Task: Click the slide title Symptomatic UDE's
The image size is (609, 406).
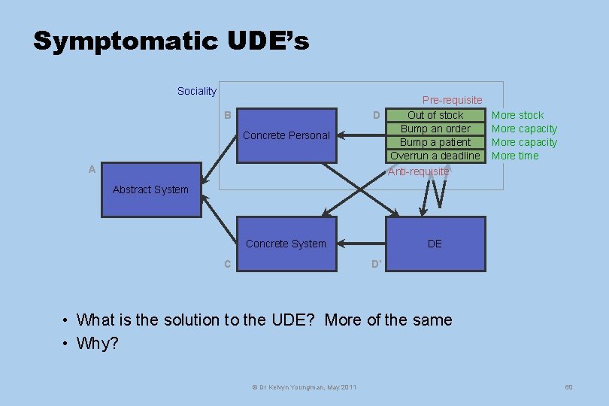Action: (x=171, y=41)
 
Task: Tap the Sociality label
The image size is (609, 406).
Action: (x=196, y=91)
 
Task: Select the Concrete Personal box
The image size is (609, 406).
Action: (x=286, y=135)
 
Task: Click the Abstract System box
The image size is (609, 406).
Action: (x=151, y=189)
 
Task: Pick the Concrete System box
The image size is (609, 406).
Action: (x=286, y=244)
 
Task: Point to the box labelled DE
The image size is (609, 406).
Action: (x=435, y=244)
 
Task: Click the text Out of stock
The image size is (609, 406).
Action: (x=435, y=115)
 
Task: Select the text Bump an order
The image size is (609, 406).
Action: (x=435, y=129)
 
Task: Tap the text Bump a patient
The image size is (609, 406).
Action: (x=435, y=142)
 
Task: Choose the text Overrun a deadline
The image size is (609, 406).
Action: (x=435, y=156)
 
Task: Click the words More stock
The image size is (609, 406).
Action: (x=517, y=115)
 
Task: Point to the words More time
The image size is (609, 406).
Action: (x=515, y=156)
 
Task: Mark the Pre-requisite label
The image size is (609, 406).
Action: (x=452, y=100)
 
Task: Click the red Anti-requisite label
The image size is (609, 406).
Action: (x=418, y=171)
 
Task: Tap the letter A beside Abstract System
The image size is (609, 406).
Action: (x=92, y=170)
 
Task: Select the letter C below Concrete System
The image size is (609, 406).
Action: (x=228, y=264)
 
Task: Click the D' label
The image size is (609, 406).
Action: (x=377, y=264)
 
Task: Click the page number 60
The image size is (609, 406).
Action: (x=568, y=386)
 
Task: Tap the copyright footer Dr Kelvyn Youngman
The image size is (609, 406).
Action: (x=304, y=387)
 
